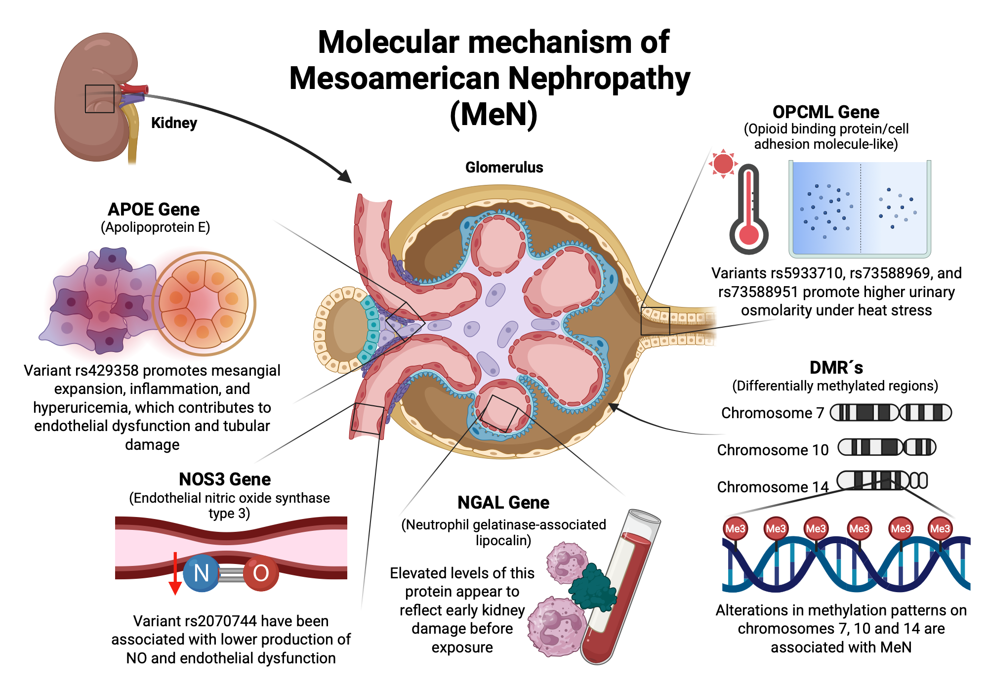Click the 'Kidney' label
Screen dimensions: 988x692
pyautogui.click(x=174, y=123)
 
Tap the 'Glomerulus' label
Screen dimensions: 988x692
pyautogui.click(x=504, y=167)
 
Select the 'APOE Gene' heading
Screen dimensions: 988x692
pyautogui.click(x=154, y=209)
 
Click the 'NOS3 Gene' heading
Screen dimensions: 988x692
pyautogui.click(x=225, y=479)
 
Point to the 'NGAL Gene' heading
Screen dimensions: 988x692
pyautogui.click(x=503, y=502)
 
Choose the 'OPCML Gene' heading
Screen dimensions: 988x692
pyautogui.click(x=826, y=112)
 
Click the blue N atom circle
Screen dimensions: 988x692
pyautogui.click(x=201, y=573)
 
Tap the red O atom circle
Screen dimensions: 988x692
pyautogui.click(x=261, y=573)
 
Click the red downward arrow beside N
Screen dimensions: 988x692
pyautogui.click(x=175, y=573)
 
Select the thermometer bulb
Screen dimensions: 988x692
pyautogui.click(x=749, y=235)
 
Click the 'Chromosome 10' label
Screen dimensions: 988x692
pyautogui.click(x=773, y=450)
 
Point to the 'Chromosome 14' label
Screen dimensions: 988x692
pyautogui.click(x=773, y=487)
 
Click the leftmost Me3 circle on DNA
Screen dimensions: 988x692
pyautogui.click(x=735, y=528)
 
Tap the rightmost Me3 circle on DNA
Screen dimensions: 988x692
pyautogui.click(x=940, y=528)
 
